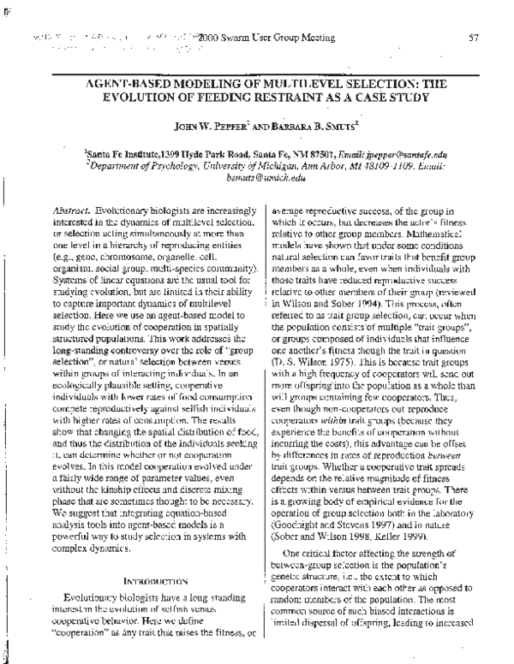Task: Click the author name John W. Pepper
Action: (211, 125)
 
